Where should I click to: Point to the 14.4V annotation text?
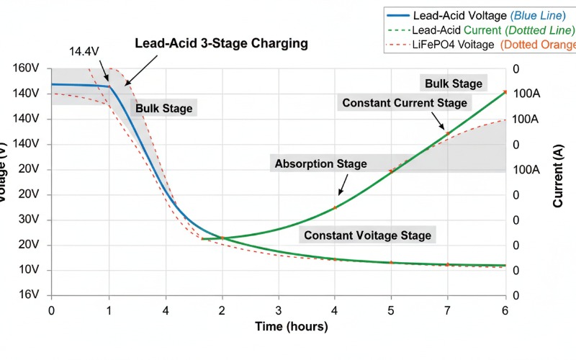tap(85, 53)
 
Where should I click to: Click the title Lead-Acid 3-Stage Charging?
tap(221, 43)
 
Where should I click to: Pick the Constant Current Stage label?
tap(405, 103)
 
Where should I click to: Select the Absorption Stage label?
tap(320, 163)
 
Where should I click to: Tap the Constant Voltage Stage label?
tap(368, 235)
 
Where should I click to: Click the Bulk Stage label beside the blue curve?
tap(164, 109)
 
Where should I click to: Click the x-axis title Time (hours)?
tap(292, 327)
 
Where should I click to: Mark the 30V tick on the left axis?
tap(27, 220)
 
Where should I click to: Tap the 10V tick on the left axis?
tap(27, 270)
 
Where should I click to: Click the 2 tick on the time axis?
tap(222, 310)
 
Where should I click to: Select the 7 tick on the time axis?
tap(448, 310)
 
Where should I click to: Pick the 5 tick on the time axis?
tap(391, 310)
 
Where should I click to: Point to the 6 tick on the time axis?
tap(505, 310)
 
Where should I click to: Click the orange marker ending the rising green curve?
tap(505, 92)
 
